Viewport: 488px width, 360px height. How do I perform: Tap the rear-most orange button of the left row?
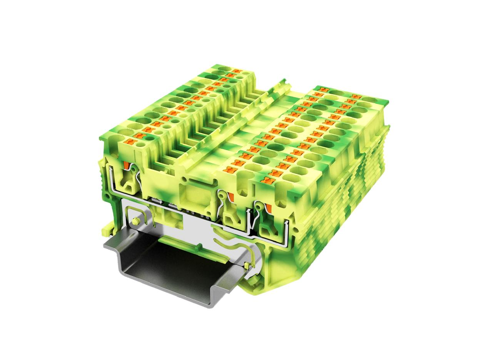point(234,72)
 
